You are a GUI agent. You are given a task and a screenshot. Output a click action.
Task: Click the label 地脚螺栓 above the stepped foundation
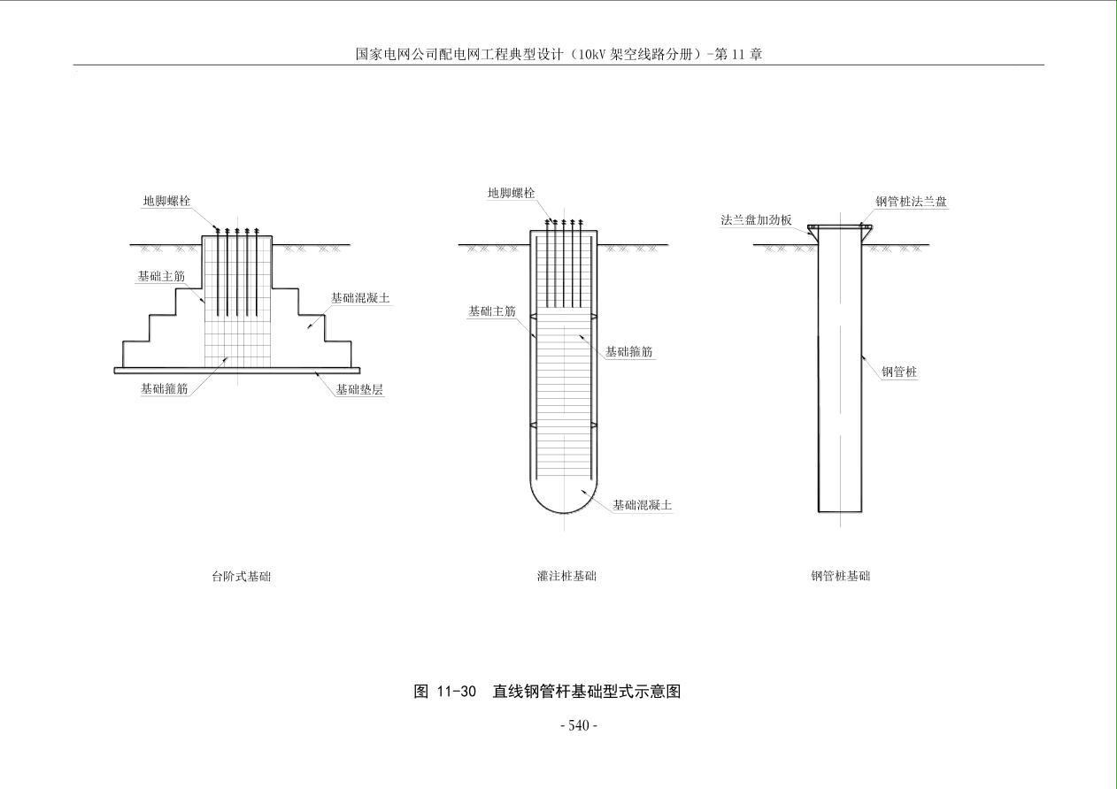[x=166, y=201]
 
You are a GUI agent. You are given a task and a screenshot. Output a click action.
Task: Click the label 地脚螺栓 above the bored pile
[x=511, y=193]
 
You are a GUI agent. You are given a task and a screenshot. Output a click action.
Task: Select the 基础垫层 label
[x=359, y=389]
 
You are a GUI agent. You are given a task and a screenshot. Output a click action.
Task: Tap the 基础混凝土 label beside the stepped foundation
[x=360, y=298]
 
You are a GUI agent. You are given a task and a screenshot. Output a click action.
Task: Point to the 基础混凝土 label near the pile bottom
[x=642, y=505]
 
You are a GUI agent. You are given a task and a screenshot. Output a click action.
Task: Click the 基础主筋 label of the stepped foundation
[x=161, y=277]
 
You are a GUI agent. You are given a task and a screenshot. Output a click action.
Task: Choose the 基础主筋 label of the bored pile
[x=491, y=311]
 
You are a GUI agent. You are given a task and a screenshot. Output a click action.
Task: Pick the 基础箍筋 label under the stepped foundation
[x=165, y=388]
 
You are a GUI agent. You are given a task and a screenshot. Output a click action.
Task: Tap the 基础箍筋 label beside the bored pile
[x=629, y=352]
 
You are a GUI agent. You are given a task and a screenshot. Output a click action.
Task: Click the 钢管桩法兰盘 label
[x=911, y=202]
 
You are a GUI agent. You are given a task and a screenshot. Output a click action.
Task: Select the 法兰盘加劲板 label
[x=756, y=219]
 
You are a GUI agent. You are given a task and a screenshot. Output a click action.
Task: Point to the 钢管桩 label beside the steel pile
[x=898, y=372]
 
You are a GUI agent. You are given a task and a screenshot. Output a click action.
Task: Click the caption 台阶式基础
[x=241, y=577]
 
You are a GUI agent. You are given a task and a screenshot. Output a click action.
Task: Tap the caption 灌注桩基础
[x=566, y=577]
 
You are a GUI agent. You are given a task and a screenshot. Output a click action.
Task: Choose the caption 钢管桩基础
[x=840, y=577]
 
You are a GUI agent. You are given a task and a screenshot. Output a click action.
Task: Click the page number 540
[x=579, y=725]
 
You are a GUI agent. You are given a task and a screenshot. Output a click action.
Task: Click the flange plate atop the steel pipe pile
[x=840, y=227]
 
